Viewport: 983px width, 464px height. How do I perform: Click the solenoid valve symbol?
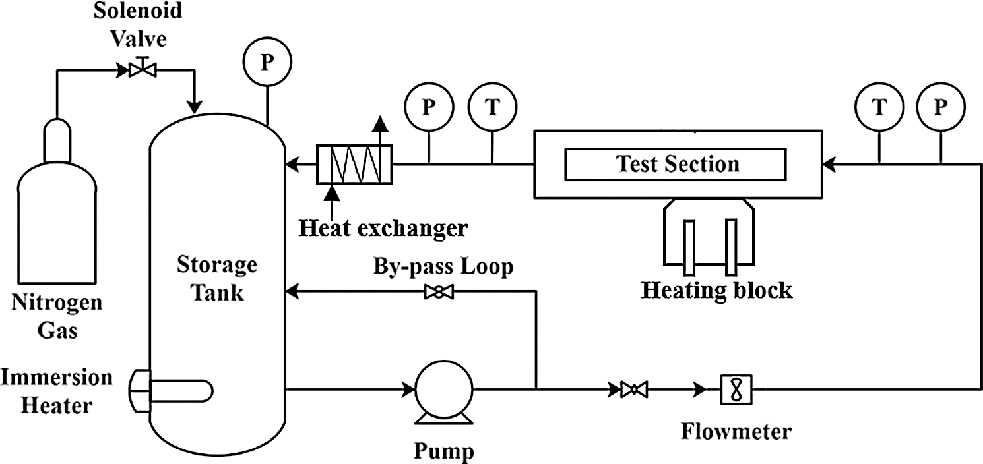point(139,69)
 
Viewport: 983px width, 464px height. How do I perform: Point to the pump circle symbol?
point(443,390)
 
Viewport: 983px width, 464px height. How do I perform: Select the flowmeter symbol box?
point(733,389)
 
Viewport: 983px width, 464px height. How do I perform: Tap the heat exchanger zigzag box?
point(354,164)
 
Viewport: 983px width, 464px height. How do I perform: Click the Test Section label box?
point(676,164)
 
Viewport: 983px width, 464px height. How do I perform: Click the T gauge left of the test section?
point(492,108)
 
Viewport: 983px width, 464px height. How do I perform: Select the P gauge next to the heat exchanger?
point(429,108)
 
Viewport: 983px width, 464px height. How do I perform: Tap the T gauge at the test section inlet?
point(879,108)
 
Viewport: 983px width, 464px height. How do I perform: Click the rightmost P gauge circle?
point(941,108)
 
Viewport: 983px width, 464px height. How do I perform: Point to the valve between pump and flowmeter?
point(634,390)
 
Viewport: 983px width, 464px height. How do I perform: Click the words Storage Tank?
point(216,278)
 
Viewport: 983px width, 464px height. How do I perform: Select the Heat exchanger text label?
point(383,228)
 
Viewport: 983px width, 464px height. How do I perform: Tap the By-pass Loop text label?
point(443,267)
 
